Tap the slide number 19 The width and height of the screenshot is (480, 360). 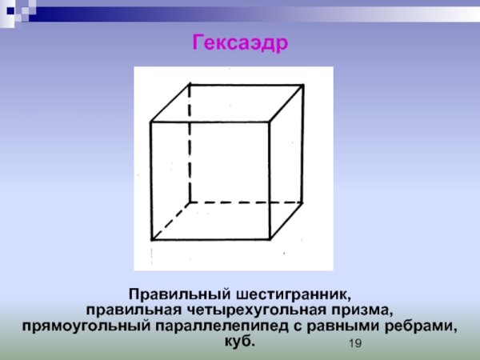click(x=356, y=343)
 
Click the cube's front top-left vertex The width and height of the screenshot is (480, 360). click(x=152, y=122)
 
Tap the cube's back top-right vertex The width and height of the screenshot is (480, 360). click(x=308, y=83)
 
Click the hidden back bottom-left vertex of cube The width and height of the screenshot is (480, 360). click(x=190, y=202)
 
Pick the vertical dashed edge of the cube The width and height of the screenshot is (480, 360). click(x=190, y=144)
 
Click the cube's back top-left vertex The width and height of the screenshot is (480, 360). click(x=190, y=83)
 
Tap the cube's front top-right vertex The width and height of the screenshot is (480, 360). click(x=271, y=122)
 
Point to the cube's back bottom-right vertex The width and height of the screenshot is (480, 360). click(x=308, y=202)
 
